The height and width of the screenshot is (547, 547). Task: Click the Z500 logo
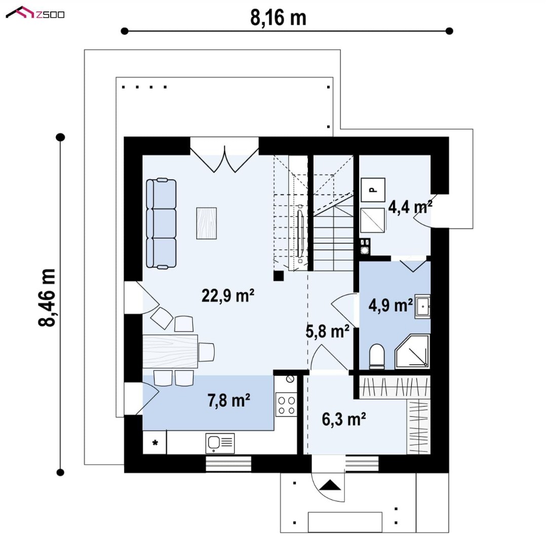coord(35,13)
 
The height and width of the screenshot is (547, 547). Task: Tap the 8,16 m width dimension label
coord(278,17)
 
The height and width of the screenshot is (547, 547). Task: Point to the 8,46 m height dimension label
coord(47,298)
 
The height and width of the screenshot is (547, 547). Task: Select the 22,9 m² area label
coord(228,295)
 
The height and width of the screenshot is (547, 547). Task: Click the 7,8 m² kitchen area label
coord(229,400)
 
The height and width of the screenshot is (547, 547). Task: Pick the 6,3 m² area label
coord(343,419)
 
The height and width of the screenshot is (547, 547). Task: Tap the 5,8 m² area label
coord(327,331)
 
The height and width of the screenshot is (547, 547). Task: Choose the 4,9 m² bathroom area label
coord(390,305)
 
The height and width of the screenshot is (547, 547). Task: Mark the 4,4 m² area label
coord(410,207)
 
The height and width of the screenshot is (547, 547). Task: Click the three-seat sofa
coord(161,223)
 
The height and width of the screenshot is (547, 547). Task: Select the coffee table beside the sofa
coord(207,223)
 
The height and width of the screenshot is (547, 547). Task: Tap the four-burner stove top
coord(286,405)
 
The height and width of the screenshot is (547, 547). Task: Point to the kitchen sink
coord(220,443)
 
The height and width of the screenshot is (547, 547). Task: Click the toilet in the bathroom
coord(377,356)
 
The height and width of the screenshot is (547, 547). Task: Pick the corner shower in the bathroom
coord(412,351)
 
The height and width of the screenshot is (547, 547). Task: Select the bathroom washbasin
coord(422,306)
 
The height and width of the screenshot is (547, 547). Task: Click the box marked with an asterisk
coord(154,443)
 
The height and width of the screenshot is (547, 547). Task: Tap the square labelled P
coord(373,190)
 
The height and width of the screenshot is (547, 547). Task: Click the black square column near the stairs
coord(279,276)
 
